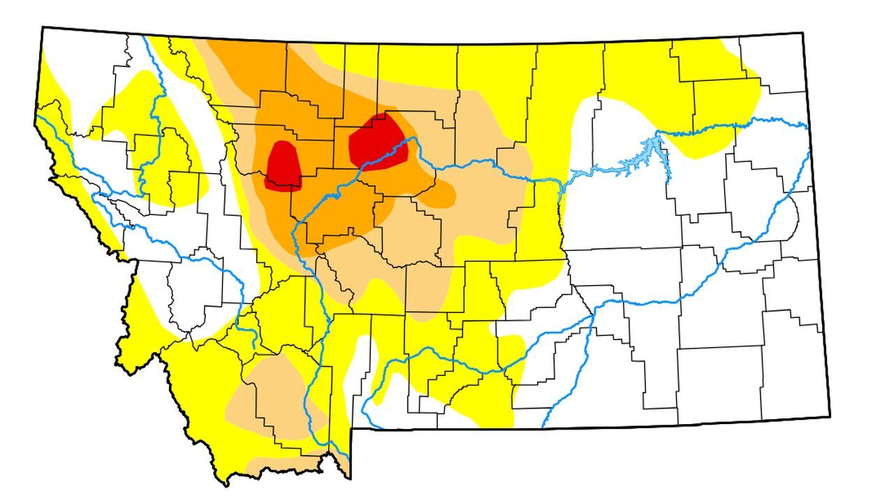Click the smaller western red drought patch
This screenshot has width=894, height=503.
point(284,166)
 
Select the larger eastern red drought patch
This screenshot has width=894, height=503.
point(377,141)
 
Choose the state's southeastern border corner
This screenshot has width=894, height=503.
point(830,416)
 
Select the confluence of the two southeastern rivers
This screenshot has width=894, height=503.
point(594,314)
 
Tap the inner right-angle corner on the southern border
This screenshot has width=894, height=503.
point(351,429)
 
